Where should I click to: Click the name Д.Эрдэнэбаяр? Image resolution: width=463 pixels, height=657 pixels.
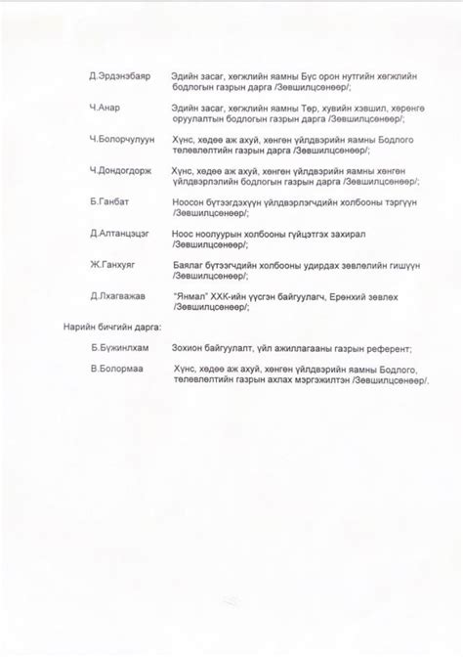coord(119,76)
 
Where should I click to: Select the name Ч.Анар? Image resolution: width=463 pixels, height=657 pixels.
coord(105,108)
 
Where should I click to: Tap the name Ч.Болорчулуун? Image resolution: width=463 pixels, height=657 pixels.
coord(121,139)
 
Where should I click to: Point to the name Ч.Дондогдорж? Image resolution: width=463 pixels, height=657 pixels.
coord(121,170)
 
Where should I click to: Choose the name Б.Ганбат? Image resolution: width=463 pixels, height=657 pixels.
coord(108,201)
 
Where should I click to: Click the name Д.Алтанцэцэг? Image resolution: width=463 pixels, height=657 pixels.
coord(119,233)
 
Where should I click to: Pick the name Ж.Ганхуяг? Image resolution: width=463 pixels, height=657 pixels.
coord(113,264)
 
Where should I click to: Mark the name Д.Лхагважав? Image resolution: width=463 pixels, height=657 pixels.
coord(117,295)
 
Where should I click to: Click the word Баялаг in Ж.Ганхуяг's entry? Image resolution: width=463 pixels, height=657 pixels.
coord(189,264)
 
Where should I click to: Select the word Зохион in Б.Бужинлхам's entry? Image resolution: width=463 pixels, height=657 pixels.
coord(189,349)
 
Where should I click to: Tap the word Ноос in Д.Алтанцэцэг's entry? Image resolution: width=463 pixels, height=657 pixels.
coord(183,233)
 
